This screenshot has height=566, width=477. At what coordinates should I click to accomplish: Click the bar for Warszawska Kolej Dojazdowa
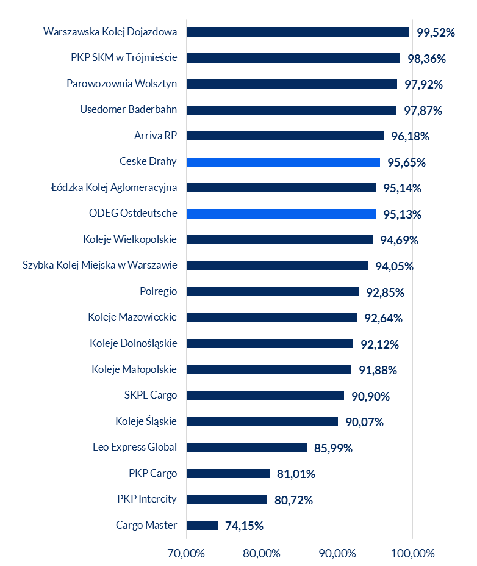point(298,32)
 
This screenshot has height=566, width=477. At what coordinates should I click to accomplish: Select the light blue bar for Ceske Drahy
point(283,162)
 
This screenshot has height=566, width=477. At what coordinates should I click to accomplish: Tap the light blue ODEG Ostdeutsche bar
point(281,214)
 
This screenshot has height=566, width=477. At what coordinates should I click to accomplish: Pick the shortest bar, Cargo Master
point(202,525)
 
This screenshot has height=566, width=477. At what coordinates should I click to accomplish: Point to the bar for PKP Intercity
point(226,499)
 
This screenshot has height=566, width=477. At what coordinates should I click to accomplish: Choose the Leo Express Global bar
point(246,448)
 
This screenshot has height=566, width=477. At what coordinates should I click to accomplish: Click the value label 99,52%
point(436,33)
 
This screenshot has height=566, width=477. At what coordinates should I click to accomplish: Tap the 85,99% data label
point(333,448)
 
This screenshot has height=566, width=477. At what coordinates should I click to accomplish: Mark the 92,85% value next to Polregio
point(385,292)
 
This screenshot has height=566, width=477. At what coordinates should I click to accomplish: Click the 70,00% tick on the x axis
point(186,554)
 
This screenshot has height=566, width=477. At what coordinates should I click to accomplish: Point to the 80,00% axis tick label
point(262,554)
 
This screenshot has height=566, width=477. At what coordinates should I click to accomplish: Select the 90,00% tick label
point(337,554)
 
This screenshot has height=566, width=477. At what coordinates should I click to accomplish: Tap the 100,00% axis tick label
point(412,554)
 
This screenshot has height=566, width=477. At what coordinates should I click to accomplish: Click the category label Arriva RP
point(156,136)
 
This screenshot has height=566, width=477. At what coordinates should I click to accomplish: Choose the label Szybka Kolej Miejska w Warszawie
point(99,266)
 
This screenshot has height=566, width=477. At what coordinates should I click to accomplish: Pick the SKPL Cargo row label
point(151,395)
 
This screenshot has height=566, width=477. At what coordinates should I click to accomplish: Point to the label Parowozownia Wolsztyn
point(122,84)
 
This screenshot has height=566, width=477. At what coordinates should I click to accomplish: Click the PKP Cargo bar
point(228,473)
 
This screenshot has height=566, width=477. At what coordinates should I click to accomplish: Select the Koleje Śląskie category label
point(146,421)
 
